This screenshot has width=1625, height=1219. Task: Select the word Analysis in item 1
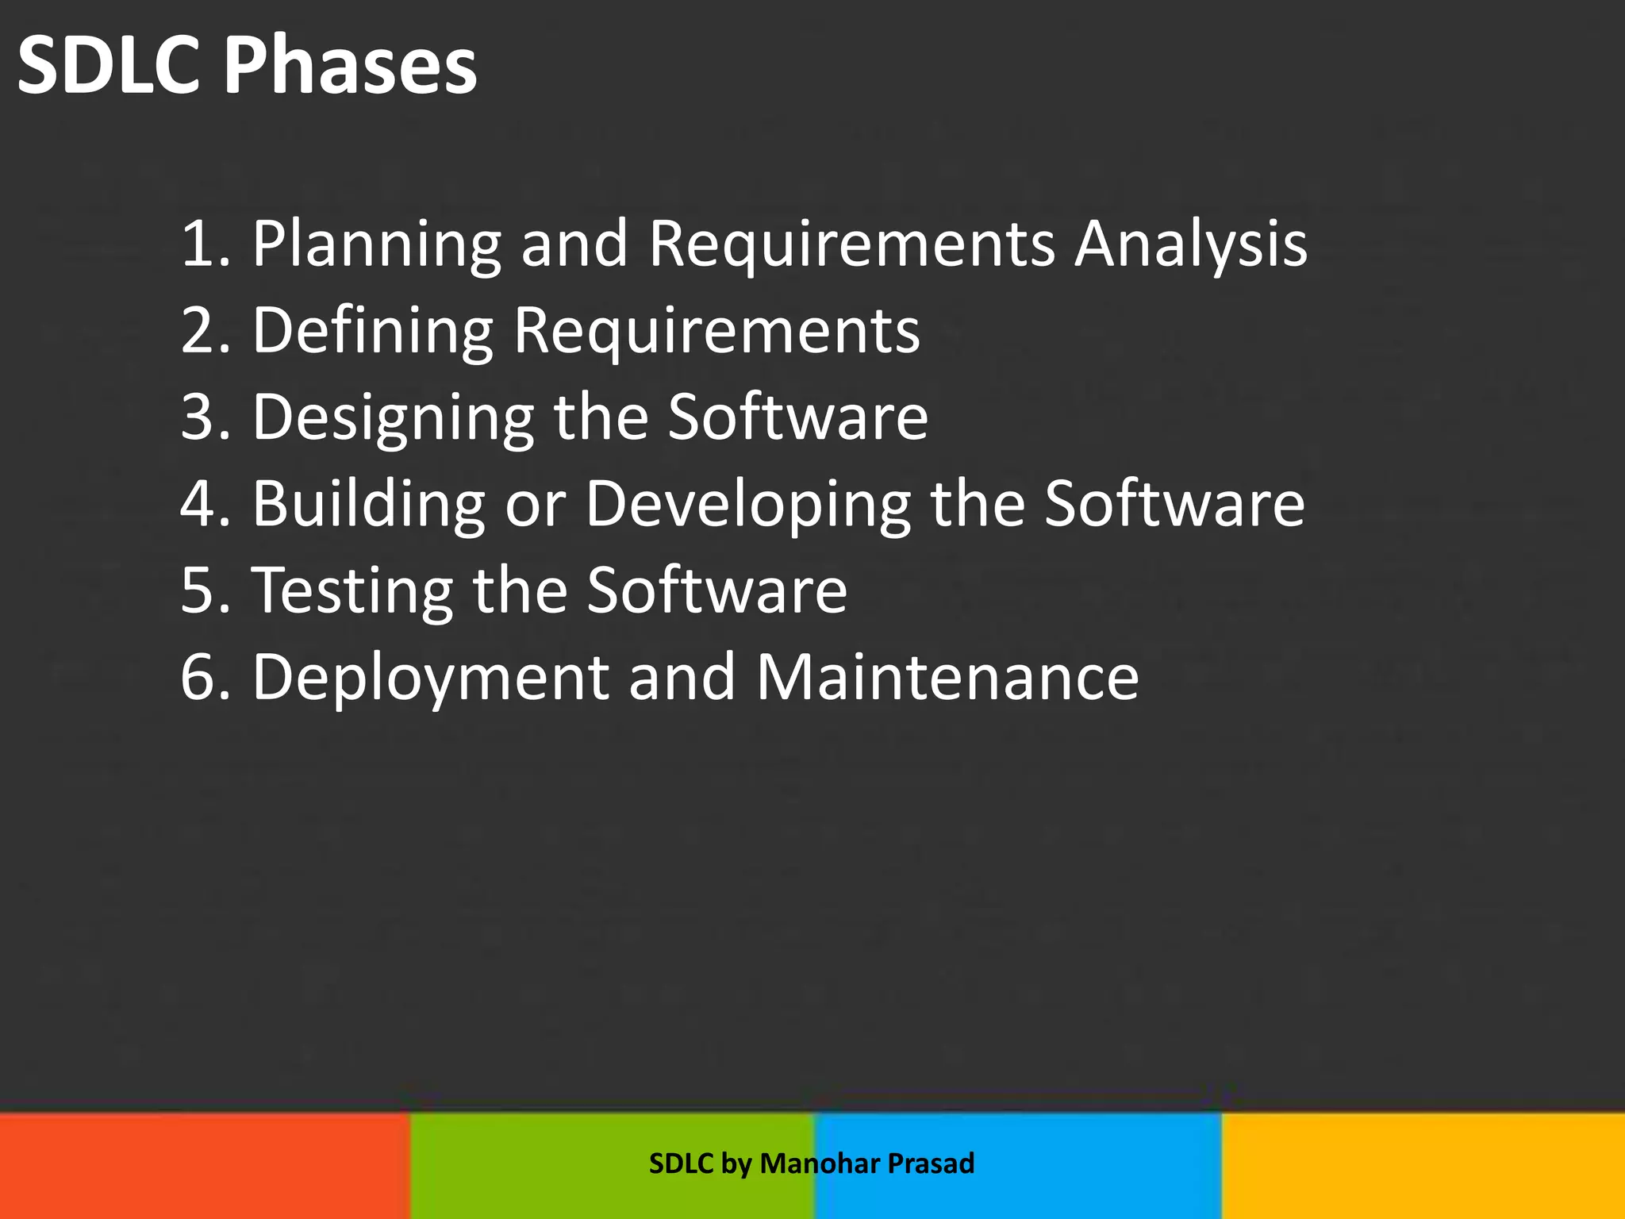[x=1190, y=244]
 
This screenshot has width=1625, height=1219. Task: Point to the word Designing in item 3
[x=393, y=418]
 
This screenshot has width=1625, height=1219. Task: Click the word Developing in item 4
[x=748, y=505]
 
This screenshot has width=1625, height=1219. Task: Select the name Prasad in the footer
[x=931, y=1163]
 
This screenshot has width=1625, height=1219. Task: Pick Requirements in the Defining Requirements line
[x=716, y=331]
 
